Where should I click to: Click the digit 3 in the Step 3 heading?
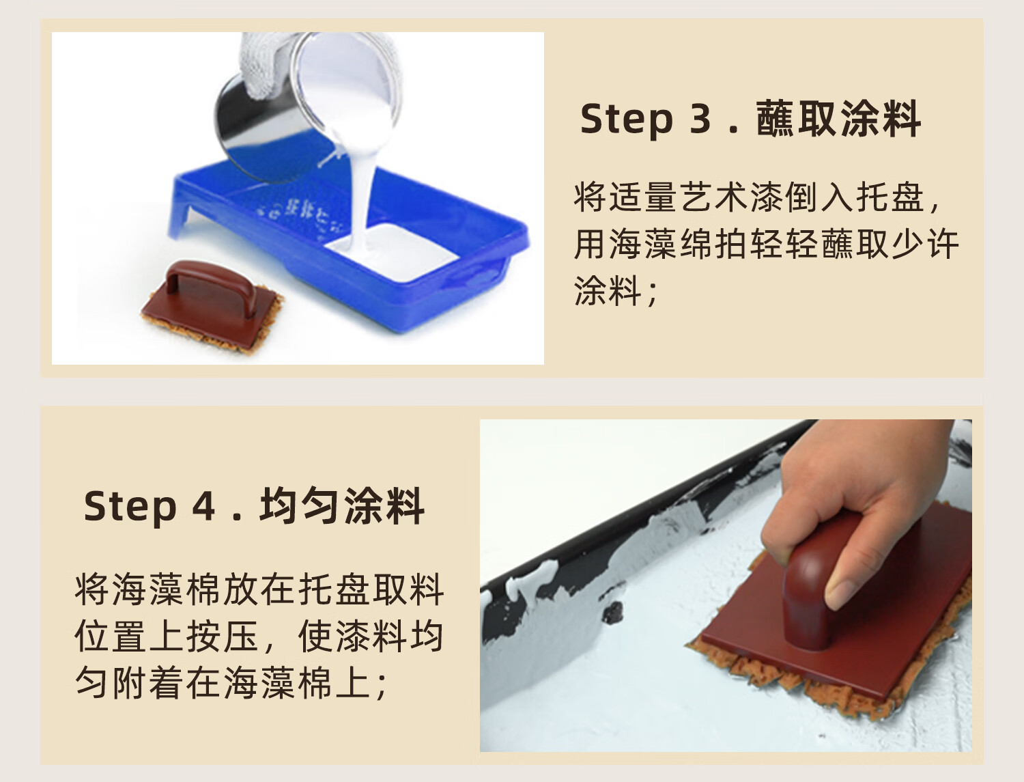coord(700,118)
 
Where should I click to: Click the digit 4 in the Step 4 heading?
coord(204,506)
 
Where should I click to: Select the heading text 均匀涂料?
coord(341,506)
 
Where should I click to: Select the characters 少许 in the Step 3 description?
coord(925,244)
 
